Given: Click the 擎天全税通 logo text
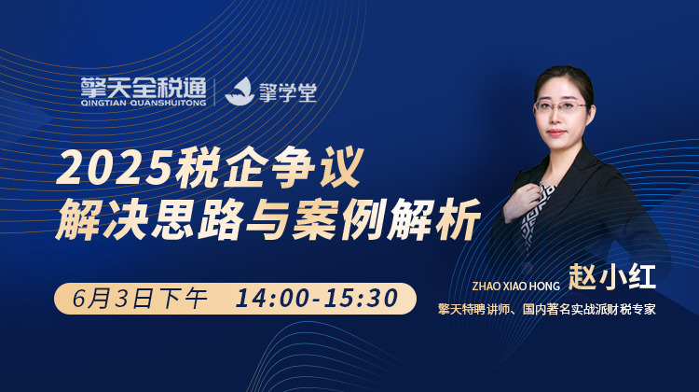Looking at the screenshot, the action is (x=144, y=88).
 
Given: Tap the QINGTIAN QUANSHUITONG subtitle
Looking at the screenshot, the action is (x=144, y=104).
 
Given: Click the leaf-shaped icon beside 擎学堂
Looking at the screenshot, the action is (x=240, y=91).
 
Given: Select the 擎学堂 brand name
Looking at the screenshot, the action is (x=288, y=92).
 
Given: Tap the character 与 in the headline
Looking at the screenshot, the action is (x=267, y=218).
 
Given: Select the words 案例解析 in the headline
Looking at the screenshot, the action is (x=386, y=218).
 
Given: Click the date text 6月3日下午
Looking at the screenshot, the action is (x=140, y=299).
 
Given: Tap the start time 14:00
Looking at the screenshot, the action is (x=270, y=299).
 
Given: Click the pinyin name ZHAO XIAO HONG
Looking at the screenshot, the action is (x=515, y=286).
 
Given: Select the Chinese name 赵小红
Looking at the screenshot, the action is (x=611, y=277).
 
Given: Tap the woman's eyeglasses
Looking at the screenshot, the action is (x=561, y=106).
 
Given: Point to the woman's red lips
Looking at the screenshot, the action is (x=555, y=133).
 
